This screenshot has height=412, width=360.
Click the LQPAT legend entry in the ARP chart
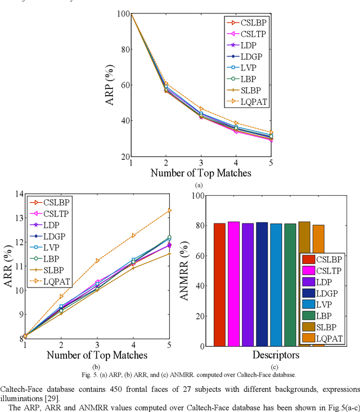click(247, 102)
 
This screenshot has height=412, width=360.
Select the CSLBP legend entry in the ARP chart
click(247, 23)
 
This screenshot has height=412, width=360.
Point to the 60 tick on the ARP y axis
click(122, 85)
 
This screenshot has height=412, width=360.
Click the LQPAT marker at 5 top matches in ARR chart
click(169, 211)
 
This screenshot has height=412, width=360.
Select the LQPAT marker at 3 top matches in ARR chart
click(97, 261)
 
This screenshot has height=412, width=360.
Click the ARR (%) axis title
click(8, 266)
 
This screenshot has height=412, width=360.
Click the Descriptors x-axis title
click(268, 355)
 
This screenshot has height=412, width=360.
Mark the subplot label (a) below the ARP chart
click(198, 185)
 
